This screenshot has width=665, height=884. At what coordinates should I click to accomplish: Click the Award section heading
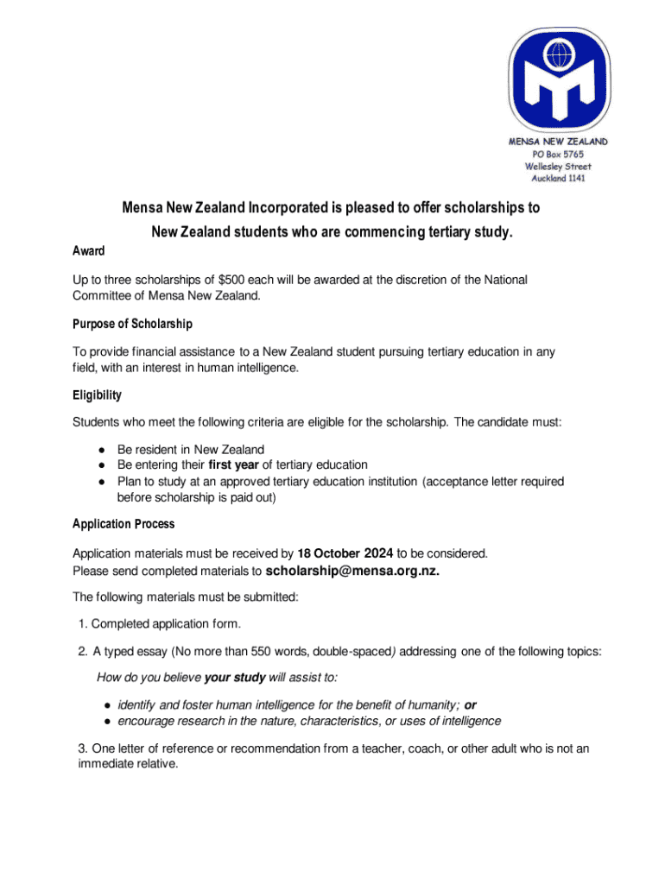[x=89, y=251]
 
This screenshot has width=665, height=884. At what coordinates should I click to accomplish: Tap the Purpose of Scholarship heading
[x=132, y=324]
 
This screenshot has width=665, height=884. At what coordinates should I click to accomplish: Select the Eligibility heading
[x=97, y=395]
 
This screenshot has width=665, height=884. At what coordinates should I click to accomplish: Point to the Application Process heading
[x=123, y=524]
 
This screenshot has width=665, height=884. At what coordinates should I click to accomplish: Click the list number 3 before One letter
[x=82, y=748]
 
